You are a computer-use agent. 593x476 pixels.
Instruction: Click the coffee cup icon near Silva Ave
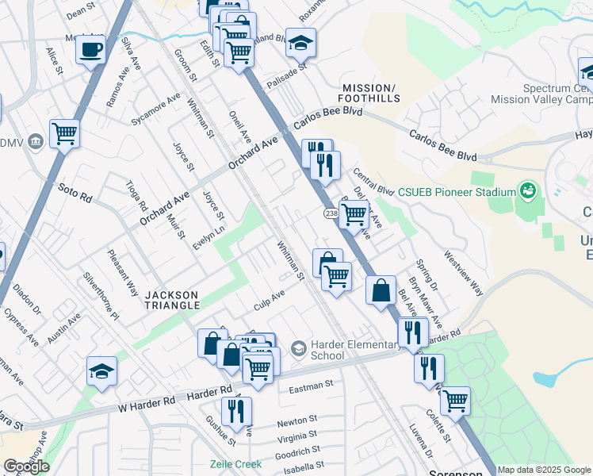pos(90,50)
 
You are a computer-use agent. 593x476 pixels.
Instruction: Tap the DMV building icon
pos(35,142)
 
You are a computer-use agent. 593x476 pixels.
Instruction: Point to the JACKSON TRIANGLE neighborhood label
pos(172,295)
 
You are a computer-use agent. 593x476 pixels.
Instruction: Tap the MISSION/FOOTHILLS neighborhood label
pos(368,93)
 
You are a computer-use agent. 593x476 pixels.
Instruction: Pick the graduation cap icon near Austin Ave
pos(101,371)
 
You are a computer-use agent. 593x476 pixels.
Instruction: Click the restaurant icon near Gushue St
pos(236,412)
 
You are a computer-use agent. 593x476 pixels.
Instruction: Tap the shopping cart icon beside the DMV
pos(64,133)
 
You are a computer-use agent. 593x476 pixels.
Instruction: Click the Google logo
pos(26,466)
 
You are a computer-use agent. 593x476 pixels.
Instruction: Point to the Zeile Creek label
pos(235,464)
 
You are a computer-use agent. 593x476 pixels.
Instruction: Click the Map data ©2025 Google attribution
pos(545,470)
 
